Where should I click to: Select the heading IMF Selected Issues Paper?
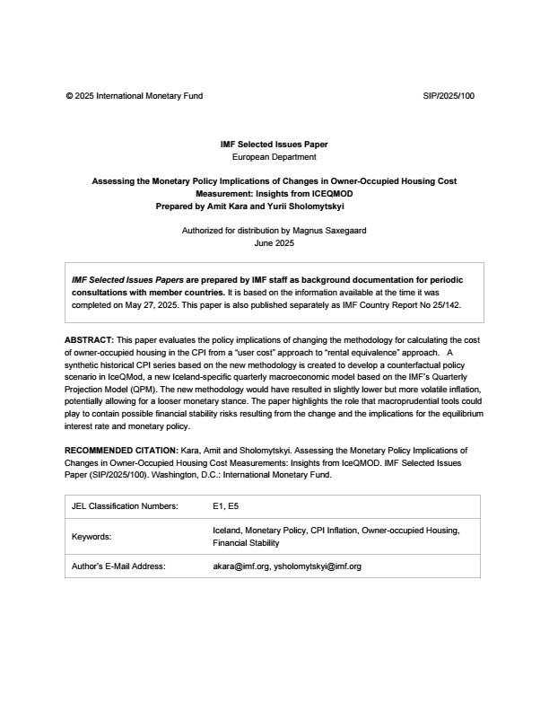(x=274, y=145)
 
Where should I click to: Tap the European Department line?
(x=274, y=156)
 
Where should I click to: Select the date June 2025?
(x=274, y=242)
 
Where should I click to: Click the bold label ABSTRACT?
(x=89, y=340)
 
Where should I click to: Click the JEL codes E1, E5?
(x=226, y=506)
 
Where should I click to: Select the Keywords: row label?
(x=91, y=537)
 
